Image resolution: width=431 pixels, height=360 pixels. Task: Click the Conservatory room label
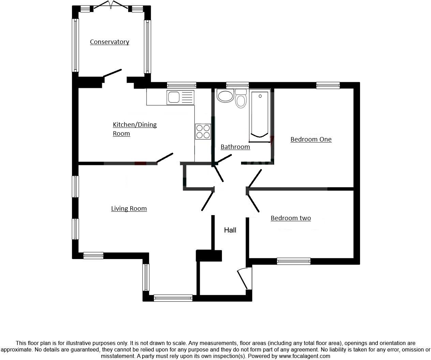[x=109, y=42]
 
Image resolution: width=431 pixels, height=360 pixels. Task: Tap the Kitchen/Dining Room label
[x=134, y=129]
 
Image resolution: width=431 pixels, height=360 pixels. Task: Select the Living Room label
[x=129, y=209]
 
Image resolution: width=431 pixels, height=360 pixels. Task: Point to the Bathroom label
[x=235, y=147]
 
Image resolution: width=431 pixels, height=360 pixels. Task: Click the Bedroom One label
[x=311, y=139]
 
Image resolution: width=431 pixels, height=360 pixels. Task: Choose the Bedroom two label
[x=291, y=218]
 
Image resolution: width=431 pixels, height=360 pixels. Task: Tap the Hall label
[x=230, y=230]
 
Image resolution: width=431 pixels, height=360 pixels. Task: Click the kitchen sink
[x=174, y=97]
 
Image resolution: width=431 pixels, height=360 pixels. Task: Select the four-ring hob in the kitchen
[x=203, y=132]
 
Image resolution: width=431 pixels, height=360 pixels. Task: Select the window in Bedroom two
[x=294, y=261]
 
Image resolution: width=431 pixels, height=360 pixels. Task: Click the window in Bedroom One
[x=328, y=86]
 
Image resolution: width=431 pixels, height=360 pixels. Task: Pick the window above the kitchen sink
[x=181, y=86]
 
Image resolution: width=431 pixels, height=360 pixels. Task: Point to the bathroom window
[x=237, y=86]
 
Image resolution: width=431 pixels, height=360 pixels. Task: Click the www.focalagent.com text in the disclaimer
[x=304, y=356]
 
